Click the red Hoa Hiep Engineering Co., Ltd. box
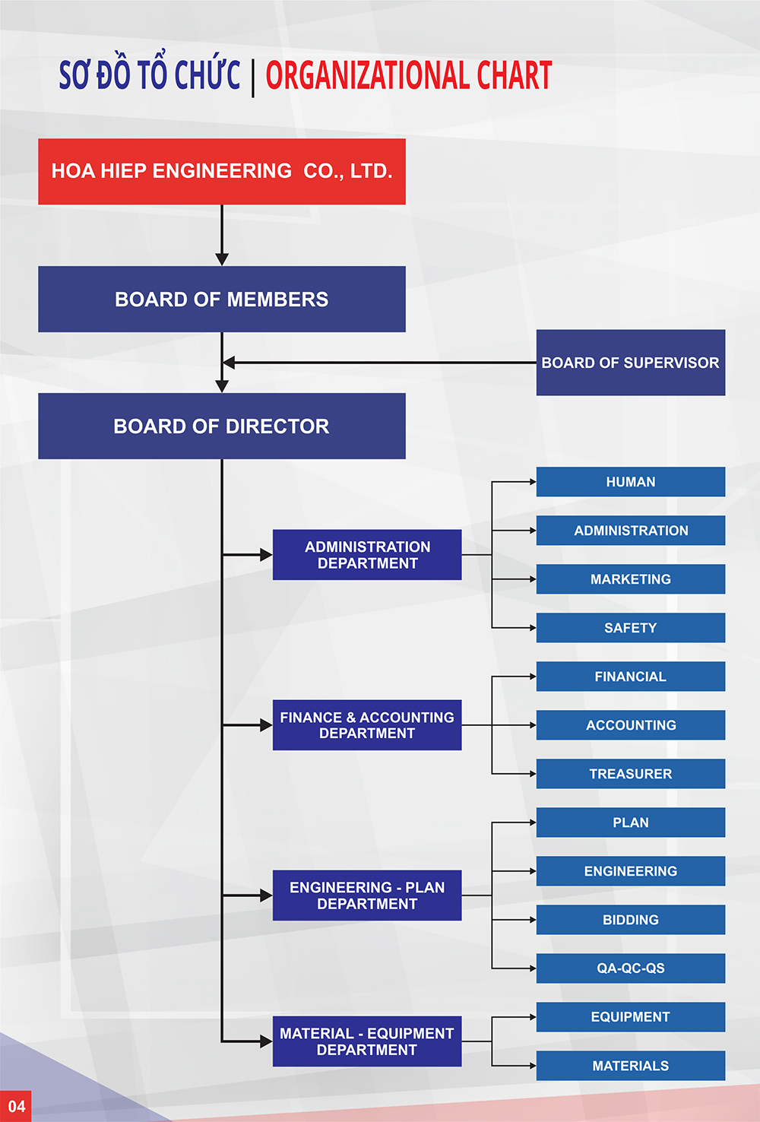(x=222, y=171)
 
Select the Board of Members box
(x=222, y=299)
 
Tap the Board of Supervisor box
(x=630, y=362)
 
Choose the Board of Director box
(x=222, y=426)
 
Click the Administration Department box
(x=367, y=554)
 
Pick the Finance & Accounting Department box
(x=367, y=724)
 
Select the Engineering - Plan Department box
(x=367, y=895)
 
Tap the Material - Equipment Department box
(x=367, y=1041)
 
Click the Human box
(x=630, y=482)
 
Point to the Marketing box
(x=630, y=579)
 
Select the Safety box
(x=630, y=628)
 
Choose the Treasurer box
(x=630, y=774)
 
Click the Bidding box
(x=630, y=920)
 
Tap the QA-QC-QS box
(x=630, y=968)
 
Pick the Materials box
(x=630, y=1066)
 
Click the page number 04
(x=17, y=1107)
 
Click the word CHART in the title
(x=515, y=75)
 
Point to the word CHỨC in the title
(x=207, y=73)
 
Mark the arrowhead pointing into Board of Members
(x=222, y=259)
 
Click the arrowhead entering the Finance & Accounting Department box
(x=266, y=724)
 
